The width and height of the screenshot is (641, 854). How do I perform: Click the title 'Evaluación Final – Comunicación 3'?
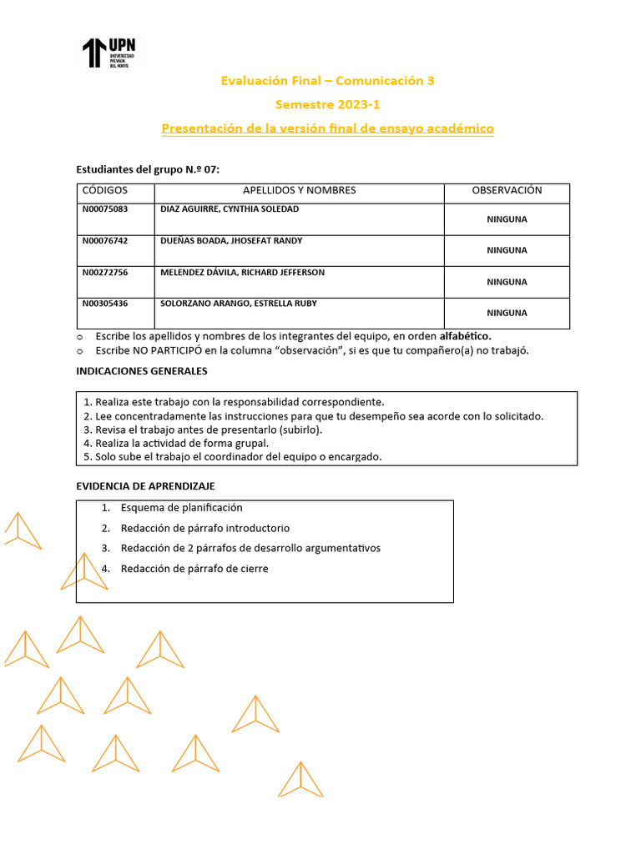327,81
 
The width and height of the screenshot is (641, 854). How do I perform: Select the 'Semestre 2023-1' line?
327,105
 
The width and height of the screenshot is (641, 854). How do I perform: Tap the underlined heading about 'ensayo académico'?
327,128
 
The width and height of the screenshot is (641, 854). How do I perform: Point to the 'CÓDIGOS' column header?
105,190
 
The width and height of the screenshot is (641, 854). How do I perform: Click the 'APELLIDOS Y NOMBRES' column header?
299,190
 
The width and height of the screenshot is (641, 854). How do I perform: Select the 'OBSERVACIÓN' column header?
507,190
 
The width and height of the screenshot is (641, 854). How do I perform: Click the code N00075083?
105,209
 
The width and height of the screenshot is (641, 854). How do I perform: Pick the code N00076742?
105,241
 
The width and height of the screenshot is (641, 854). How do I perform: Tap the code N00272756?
105,273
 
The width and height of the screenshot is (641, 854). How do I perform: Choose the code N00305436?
105,304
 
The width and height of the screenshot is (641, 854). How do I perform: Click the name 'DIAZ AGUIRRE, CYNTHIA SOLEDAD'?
230,209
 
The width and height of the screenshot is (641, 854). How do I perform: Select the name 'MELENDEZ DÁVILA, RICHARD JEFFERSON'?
242,273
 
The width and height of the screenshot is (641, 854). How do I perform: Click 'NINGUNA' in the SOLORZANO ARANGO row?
507,313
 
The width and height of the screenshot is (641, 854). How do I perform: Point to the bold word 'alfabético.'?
465,336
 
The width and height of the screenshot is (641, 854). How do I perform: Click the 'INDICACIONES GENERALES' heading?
142,371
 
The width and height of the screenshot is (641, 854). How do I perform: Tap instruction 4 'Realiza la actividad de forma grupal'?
182,444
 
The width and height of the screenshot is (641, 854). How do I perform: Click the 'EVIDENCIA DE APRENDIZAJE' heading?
145,486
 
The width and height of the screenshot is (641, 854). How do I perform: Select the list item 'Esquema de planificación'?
181,507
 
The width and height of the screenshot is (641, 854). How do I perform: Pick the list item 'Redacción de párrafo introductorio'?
205,528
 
